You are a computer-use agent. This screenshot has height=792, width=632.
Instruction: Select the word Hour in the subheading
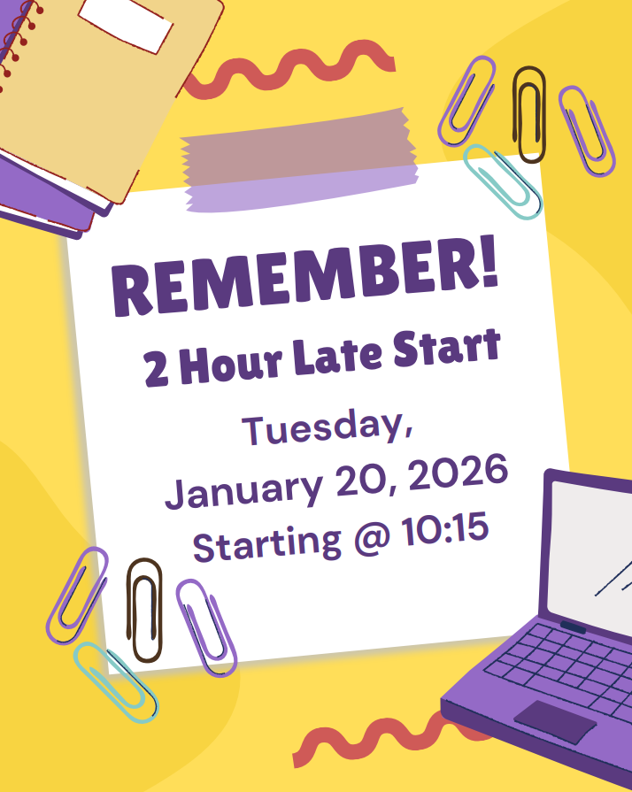229,363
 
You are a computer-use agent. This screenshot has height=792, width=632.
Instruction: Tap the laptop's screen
589,549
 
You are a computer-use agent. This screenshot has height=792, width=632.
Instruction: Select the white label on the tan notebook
139,23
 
